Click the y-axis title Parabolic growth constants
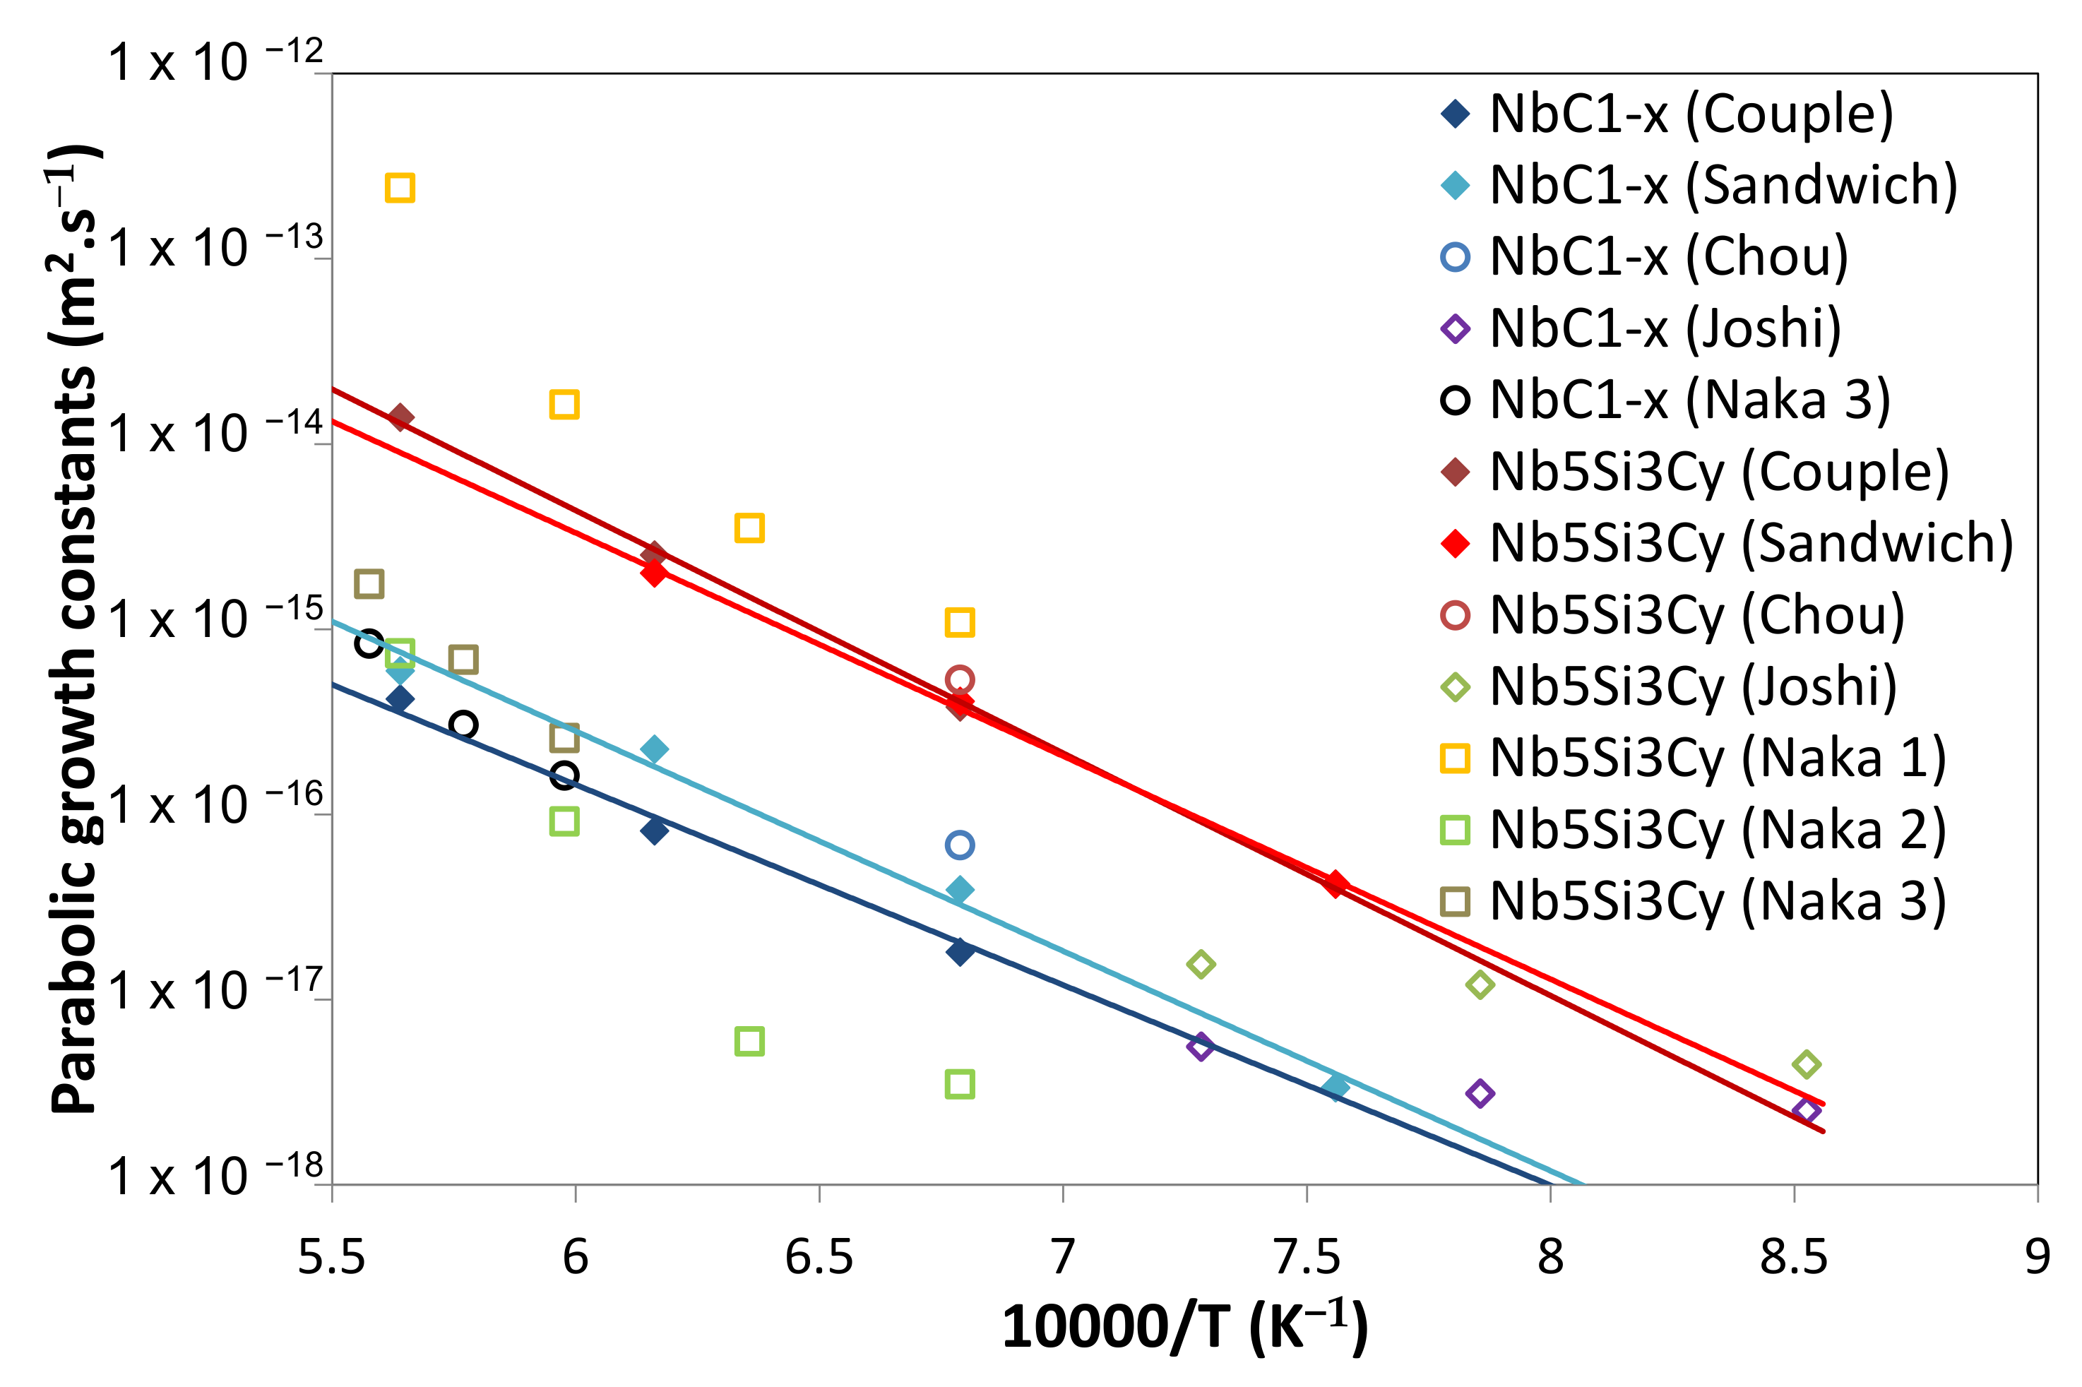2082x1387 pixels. [x=75, y=628]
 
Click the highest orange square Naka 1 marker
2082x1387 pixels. [x=400, y=188]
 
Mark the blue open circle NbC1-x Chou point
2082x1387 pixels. [x=960, y=845]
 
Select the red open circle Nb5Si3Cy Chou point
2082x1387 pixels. [x=960, y=679]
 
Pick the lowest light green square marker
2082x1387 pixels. [x=960, y=1083]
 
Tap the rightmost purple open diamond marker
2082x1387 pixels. [x=1806, y=1111]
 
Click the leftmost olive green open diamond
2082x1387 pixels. [x=1200, y=963]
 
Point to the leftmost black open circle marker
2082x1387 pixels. [x=369, y=643]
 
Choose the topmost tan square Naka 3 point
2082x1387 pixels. [x=369, y=584]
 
